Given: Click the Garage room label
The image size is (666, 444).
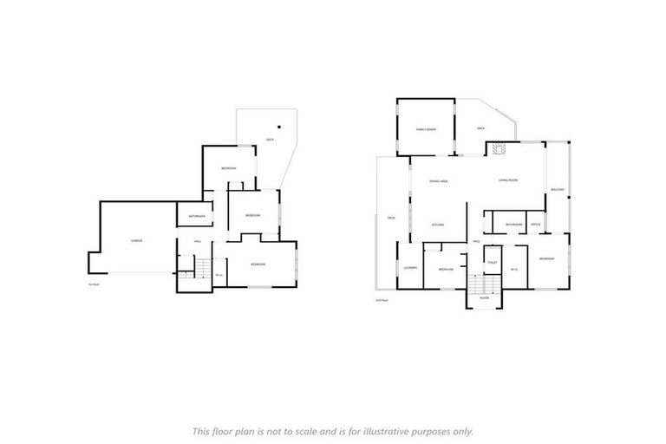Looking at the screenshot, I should [137, 240].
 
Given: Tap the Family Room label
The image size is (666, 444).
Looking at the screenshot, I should [425, 129].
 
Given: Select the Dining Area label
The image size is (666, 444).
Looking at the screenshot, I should [438, 181].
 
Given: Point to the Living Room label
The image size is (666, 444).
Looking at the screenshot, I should [507, 180].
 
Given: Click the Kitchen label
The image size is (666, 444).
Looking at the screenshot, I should [439, 225].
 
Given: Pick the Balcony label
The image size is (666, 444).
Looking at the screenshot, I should [558, 190].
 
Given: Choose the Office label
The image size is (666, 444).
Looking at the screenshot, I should [536, 225].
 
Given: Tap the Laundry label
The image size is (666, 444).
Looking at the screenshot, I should [410, 268].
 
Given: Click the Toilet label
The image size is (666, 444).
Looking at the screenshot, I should [492, 262].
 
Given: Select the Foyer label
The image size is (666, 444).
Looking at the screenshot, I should [485, 297].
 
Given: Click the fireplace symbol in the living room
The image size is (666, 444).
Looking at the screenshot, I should [498, 149].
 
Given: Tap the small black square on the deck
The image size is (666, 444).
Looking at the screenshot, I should [280, 123].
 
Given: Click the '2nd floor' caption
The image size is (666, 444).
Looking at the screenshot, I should [381, 299].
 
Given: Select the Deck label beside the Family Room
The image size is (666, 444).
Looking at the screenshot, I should [481, 129].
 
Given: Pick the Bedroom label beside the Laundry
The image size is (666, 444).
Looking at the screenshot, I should [446, 270].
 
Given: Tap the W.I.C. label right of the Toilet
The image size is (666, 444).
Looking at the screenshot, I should [514, 269].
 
